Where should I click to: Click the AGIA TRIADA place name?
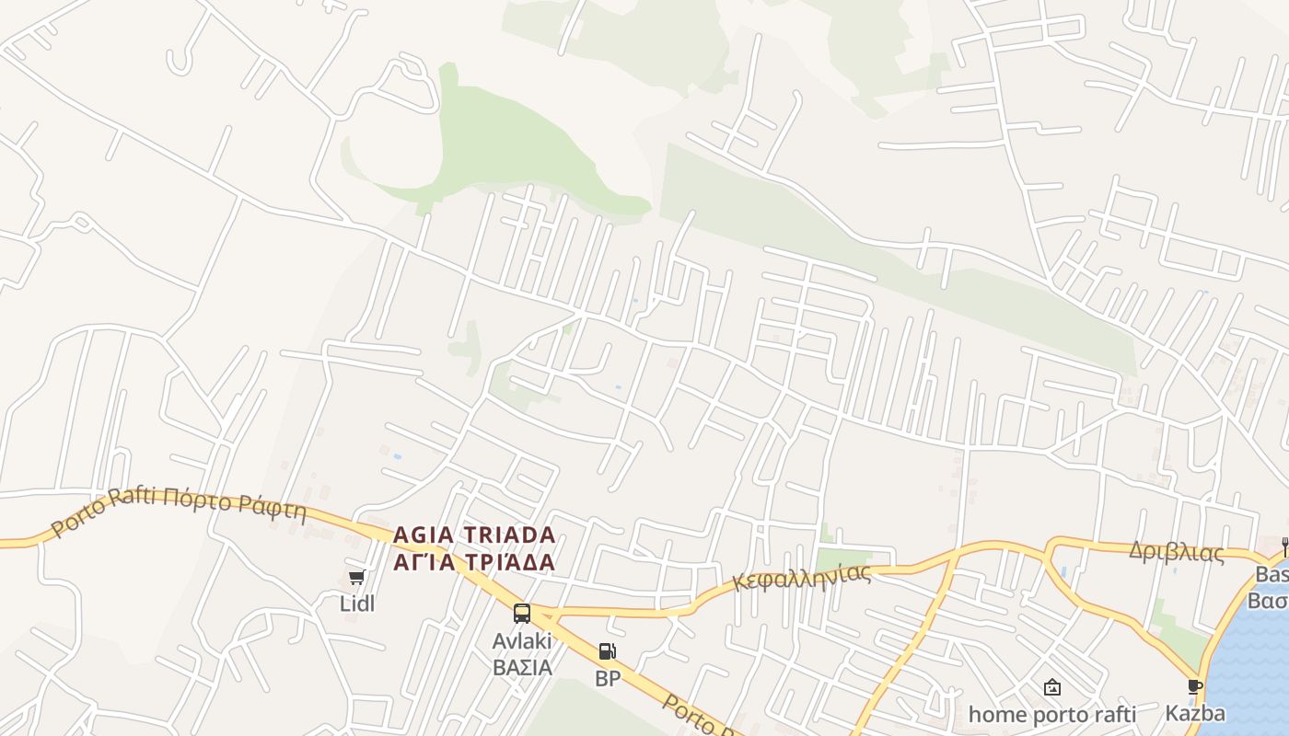coord(474,535)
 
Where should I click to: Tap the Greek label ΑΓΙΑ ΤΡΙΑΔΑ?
coord(474,561)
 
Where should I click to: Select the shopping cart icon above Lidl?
coord(357,578)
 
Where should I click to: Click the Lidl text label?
coord(357,604)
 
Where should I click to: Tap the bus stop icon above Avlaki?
coord(522,614)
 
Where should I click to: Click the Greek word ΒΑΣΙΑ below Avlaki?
coord(522,666)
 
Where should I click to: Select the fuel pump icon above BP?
coord(607,652)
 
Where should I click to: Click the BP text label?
coord(608,679)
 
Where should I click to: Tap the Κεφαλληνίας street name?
coord(802,577)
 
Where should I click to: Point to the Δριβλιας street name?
coord(1177,552)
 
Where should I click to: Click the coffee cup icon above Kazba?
coord(1194,687)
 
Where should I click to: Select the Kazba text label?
coord(1195,713)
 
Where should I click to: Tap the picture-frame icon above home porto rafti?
coord(1052,687)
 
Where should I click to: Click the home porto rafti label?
coord(1052,714)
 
